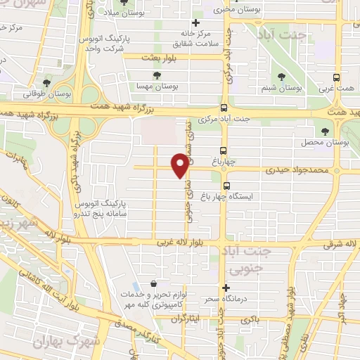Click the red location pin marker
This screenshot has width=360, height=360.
180,165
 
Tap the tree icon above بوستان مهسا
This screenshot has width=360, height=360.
157,75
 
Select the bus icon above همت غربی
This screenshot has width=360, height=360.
337,77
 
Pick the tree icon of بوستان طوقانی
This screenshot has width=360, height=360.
46,83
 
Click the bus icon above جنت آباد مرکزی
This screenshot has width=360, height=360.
223,108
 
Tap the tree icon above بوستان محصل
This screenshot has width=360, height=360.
324,131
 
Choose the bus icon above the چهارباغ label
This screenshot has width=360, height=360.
223,150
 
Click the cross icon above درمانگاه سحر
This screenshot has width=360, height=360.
226,288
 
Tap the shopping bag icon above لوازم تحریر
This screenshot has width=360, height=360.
153,283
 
